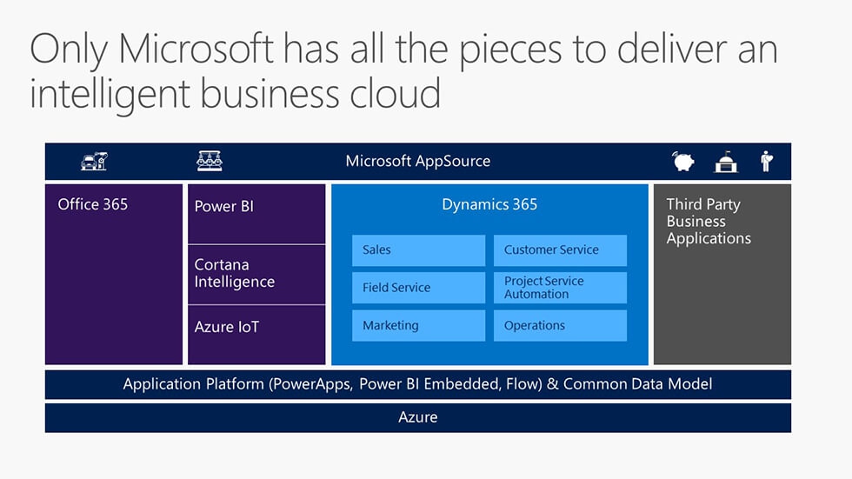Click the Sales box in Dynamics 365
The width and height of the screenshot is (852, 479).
[x=418, y=250]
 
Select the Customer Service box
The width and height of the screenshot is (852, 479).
[x=560, y=250]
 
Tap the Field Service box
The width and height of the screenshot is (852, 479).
[x=418, y=288]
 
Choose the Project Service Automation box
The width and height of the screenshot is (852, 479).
[x=560, y=288]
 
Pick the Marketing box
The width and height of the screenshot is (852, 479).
[x=418, y=326]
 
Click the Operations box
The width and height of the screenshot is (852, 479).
[x=560, y=326]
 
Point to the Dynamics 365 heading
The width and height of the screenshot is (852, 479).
[x=489, y=205]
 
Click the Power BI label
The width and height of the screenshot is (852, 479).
[x=224, y=206]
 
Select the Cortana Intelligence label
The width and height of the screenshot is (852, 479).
[x=235, y=273]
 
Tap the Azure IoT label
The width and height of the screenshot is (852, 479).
[x=227, y=327]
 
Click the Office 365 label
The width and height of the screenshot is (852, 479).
[x=93, y=205]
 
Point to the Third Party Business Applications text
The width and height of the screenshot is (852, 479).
[x=709, y=221]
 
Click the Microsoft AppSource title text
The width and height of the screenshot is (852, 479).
[x=418, y=162]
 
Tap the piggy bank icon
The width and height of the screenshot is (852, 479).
[x=683, y=162]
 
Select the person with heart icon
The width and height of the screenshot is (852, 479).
[x=767, y=162]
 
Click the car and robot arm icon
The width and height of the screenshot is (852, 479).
[x=94, y=162]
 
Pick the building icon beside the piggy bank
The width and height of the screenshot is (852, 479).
[x=726, y=162]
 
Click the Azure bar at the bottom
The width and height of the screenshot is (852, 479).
[x=418, y=417]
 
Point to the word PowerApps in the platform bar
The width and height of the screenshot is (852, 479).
[x=312, y=384]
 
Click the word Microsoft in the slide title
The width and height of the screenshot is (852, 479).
[x=196, y=49]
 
